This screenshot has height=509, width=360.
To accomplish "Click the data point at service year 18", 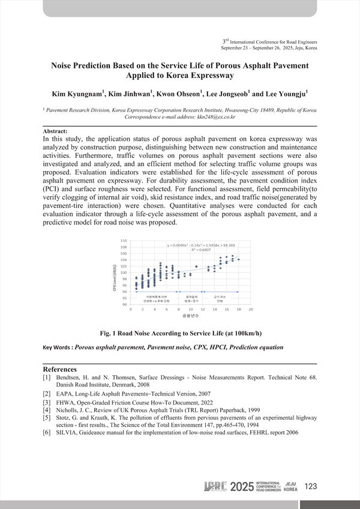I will click(239, 259).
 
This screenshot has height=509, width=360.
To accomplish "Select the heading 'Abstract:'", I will click(56, 131).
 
